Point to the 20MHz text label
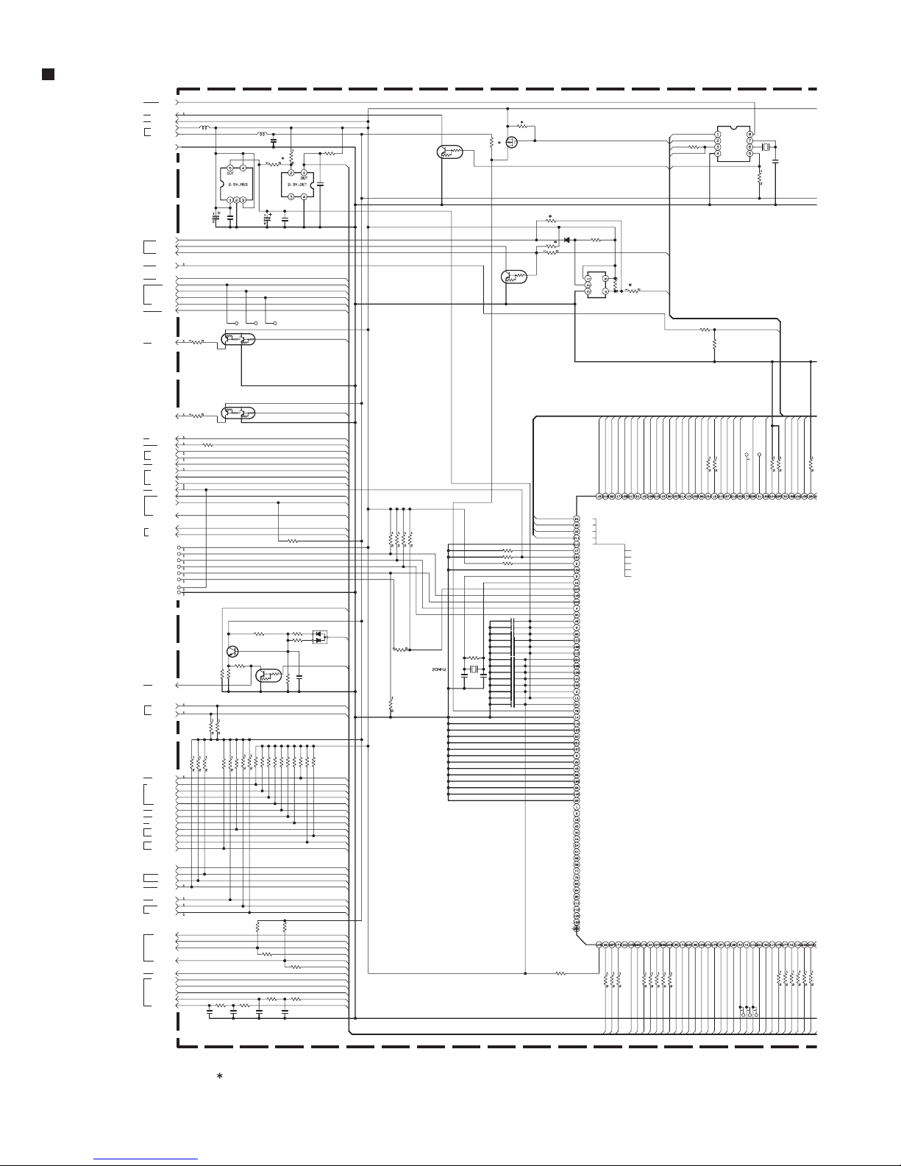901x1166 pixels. (x=439, y=669)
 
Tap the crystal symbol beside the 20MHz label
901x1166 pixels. (x=474, y=669)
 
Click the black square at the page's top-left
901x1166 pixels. (x=47, y=74)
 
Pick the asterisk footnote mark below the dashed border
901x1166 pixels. (x=218, y=1077)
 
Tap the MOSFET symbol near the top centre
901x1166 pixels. (x=513, y=141)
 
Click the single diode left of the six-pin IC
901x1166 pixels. (x=567, y=240)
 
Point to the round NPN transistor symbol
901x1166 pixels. (x=232, y=651)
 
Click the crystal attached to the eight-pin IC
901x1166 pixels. (x=766, y=148)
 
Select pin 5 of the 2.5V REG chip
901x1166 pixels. (x=230, y=168)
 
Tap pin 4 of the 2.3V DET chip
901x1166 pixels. (x=304, y=196)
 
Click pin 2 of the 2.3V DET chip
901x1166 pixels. (x=291, y=173)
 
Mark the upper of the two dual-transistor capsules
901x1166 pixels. (x=238, y=340)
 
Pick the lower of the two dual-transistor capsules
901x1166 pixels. (x=238, y=413)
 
